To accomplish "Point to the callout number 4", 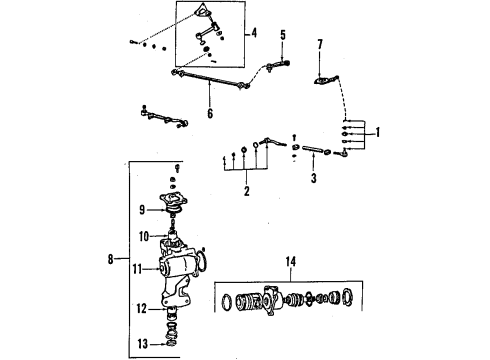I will (x=255, y=34).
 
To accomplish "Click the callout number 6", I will (x=209, y=113).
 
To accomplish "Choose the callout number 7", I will (x=320, y=43).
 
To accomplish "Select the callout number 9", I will (x=143, y=210).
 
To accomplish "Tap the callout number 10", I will (x=143, y=238).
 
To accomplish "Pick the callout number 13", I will (x=143, y=343).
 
